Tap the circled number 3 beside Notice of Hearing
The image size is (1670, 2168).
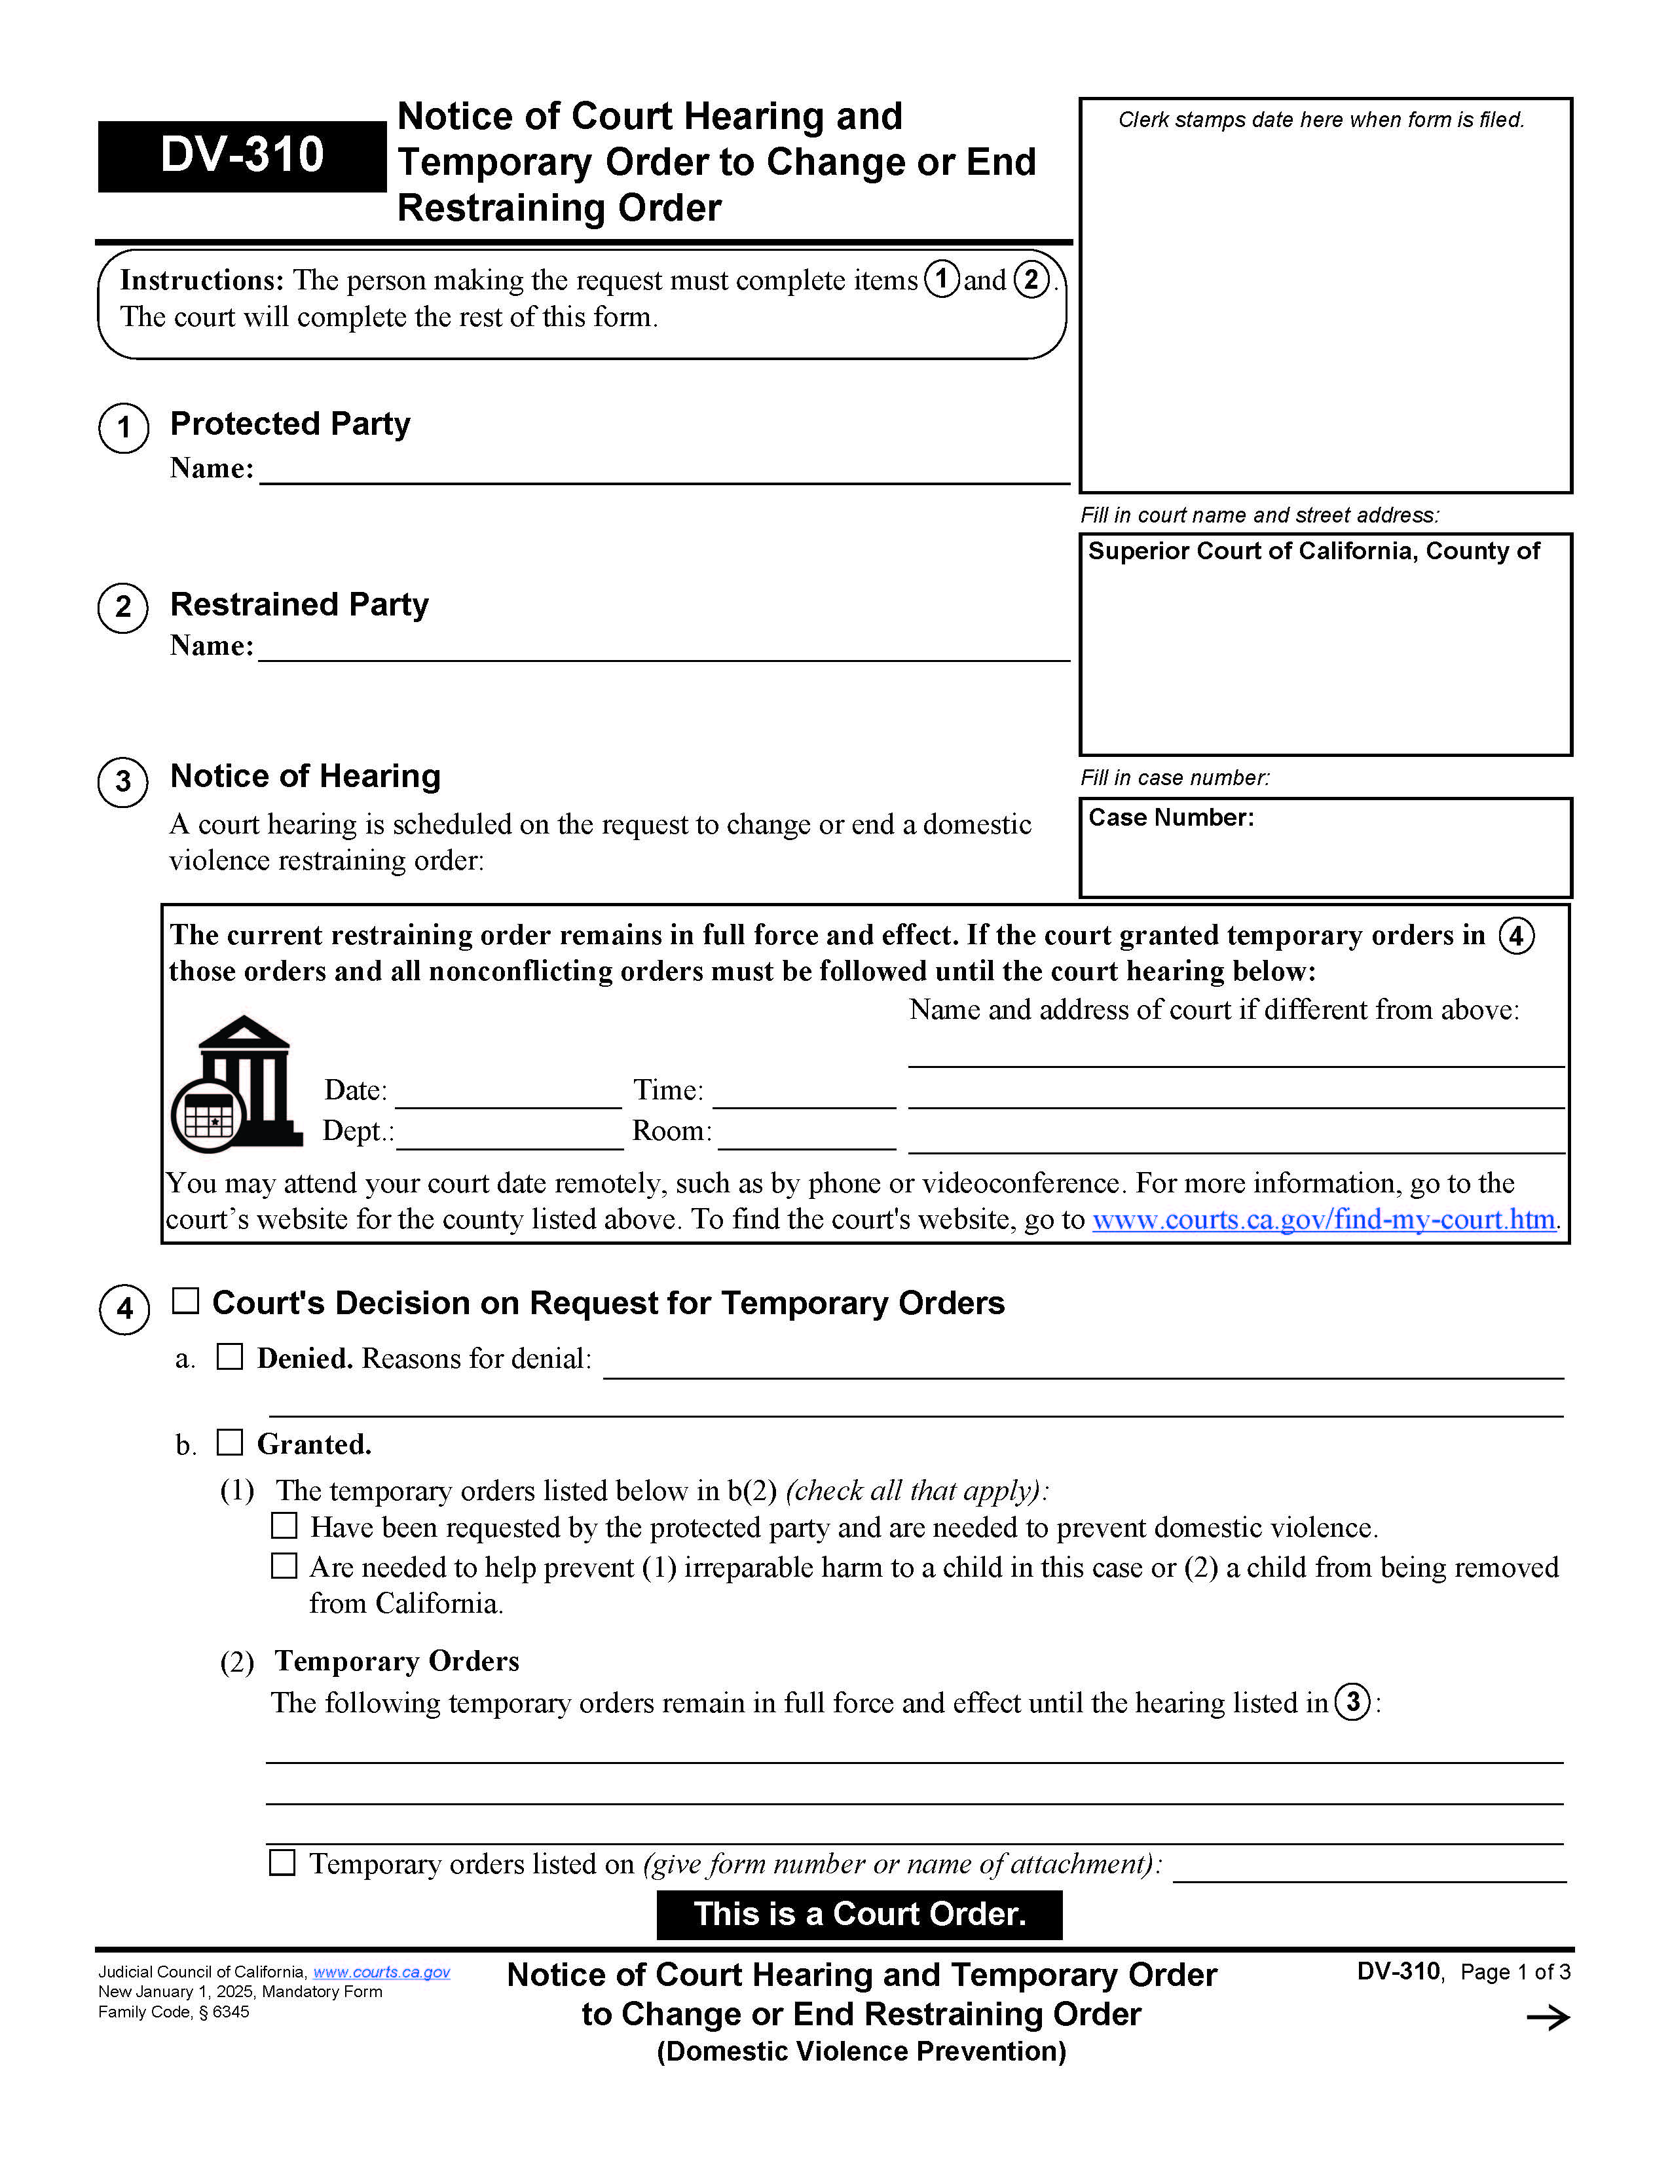[x=123, y=782]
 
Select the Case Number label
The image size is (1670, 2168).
[x=1170, y=817]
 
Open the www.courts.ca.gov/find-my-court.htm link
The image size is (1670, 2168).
[x=1324, y=1219]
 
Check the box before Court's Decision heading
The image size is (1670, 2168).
[x=186, y=1300]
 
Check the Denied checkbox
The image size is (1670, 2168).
[x=229, y=1356]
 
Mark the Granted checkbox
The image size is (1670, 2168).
[x=229, y=1442]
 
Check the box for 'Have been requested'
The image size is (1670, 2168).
[x=284, y=1526]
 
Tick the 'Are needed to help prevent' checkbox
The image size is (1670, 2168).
[x=284, y=1566]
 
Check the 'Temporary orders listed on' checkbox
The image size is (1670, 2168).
[x=282, y=1862]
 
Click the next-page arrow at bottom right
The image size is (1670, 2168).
[x=1547, y=2017]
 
